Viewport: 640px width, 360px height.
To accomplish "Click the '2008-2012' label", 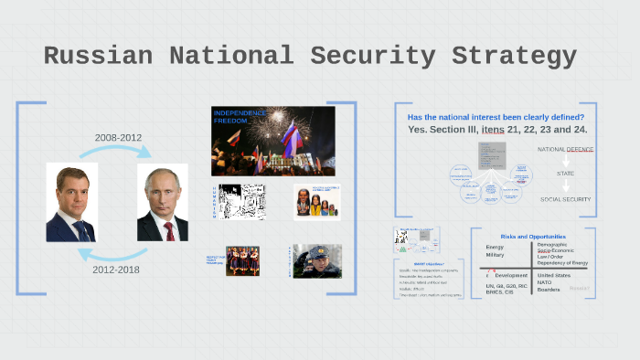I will [118, 138].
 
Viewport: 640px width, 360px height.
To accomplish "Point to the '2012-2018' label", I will [116, 270].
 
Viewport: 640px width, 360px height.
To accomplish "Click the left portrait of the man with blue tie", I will [71, 202].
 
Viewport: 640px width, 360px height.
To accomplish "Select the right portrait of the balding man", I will [162, 202].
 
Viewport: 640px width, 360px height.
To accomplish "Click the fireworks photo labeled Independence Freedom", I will [272, 141].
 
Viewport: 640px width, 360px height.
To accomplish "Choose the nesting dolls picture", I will [316, 202].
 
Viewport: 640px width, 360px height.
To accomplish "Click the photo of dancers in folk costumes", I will [242, 260].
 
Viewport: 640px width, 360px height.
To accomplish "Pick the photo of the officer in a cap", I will [318, 260].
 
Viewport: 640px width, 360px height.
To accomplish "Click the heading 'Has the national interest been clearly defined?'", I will [496, 117].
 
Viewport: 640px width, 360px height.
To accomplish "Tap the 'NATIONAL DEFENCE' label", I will [565, 149].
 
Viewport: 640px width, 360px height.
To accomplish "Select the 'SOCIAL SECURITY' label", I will [565, 199].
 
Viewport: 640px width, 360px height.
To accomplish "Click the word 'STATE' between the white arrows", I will [565, 174].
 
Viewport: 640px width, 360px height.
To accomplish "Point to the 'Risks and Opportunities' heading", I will [533, 237].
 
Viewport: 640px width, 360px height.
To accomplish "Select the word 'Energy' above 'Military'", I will [495, 247].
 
